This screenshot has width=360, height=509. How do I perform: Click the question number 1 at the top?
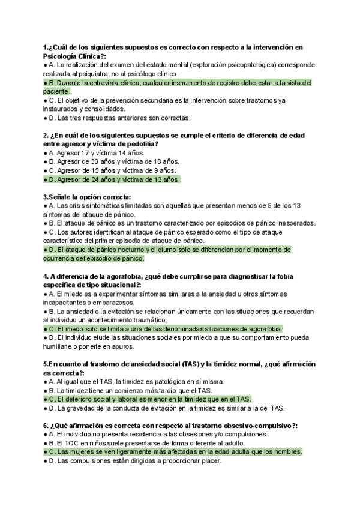[x=46, y=47]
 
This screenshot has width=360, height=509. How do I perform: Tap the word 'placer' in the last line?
[x=211, y=461]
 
